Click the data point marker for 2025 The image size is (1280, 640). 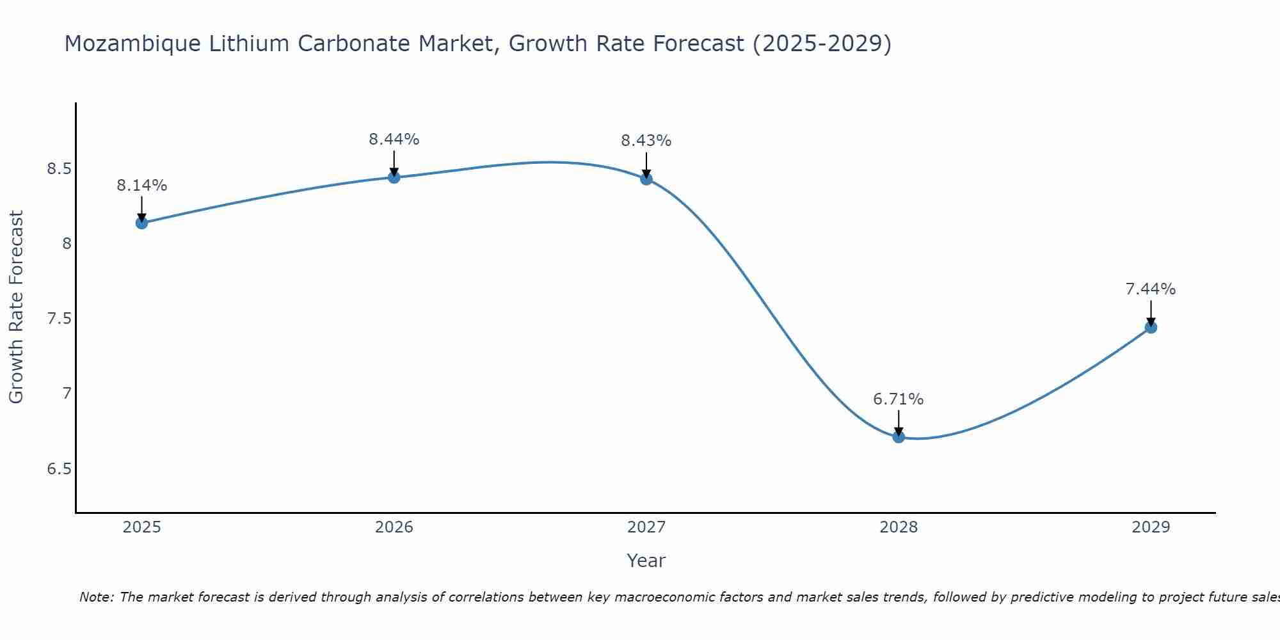(x=141, y=223)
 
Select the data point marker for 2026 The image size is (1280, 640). (x=394, y=177)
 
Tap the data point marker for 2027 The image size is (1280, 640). (x=646, y=179)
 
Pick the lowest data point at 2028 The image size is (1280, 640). (x=899, y=437)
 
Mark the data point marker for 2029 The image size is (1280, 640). (x=1151, y=327)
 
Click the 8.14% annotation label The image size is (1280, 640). (x=141, y=186)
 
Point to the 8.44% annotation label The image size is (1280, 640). (x=394, y=140)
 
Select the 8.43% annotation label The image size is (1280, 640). (x=646, y=141)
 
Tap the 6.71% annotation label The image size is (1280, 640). (x=899, y=399)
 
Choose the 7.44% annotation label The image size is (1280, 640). (x=1151, y=289)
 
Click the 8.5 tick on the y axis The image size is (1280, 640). (x=58, y=169)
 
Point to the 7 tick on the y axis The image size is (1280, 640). (x=67, y=393)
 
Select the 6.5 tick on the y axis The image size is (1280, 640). (x=58, y=468)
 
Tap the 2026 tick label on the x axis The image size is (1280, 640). (x=394, y=527)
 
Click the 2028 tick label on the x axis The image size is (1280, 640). (x=899, y=527)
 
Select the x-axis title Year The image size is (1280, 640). (x=646, y=561)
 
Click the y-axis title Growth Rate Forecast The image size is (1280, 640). (x=16, y=307)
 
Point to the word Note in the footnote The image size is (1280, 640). (x=96, y=597)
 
